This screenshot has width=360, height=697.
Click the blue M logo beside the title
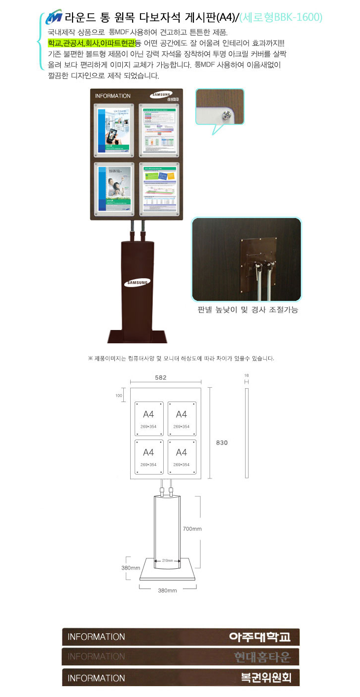53,18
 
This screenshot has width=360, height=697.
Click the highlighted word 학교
55,43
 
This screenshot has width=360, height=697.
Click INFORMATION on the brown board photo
112,96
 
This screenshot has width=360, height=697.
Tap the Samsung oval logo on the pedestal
137,283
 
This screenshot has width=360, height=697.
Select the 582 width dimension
161,377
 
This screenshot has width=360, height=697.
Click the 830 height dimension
222,442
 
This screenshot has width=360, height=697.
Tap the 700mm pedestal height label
192,528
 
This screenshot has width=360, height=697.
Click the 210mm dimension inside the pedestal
167,560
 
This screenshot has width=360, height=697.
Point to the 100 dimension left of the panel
119,395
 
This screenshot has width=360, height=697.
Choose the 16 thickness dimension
246,375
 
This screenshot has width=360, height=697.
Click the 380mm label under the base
167,590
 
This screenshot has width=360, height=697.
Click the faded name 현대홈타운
263,657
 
